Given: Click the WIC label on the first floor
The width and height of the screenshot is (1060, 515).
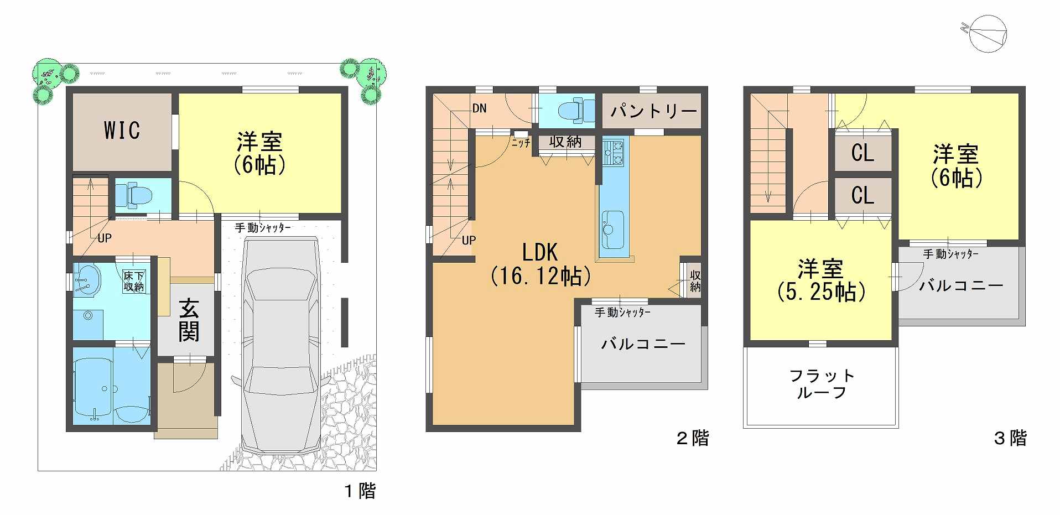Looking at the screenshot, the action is click(122, 130).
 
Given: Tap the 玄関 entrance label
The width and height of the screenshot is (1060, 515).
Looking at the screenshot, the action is click(189, 320).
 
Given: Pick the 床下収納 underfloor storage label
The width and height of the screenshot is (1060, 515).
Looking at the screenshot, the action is click(134, 281).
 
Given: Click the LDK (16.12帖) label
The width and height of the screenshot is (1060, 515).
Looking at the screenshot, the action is click(541, 264).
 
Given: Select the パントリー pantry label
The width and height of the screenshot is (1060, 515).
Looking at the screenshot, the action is click(653, 111).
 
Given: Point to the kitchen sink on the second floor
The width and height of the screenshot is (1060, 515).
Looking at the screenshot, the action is click(613, 228).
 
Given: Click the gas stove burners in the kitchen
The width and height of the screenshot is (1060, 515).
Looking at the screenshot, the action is click(613, 152).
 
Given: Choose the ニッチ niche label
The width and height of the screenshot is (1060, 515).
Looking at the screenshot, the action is click(521, 143).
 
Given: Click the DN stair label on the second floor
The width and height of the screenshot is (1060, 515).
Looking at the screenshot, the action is click(480, 108).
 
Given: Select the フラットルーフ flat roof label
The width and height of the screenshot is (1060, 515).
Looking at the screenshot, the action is click(822, 384).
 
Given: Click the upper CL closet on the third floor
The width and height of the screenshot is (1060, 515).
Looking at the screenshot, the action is click(862, 153).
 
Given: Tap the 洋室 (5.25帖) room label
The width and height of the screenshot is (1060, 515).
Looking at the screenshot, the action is click(821, 280).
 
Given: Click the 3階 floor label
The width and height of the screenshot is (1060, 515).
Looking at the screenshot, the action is click(1010, 438).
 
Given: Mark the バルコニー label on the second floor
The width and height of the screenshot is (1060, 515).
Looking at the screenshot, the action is click(643, 344).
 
